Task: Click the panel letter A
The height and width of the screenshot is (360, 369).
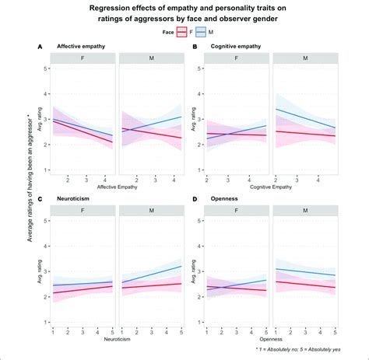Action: click(x=39, y=47)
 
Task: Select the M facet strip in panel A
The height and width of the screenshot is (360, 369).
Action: click(x=151, y=58)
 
